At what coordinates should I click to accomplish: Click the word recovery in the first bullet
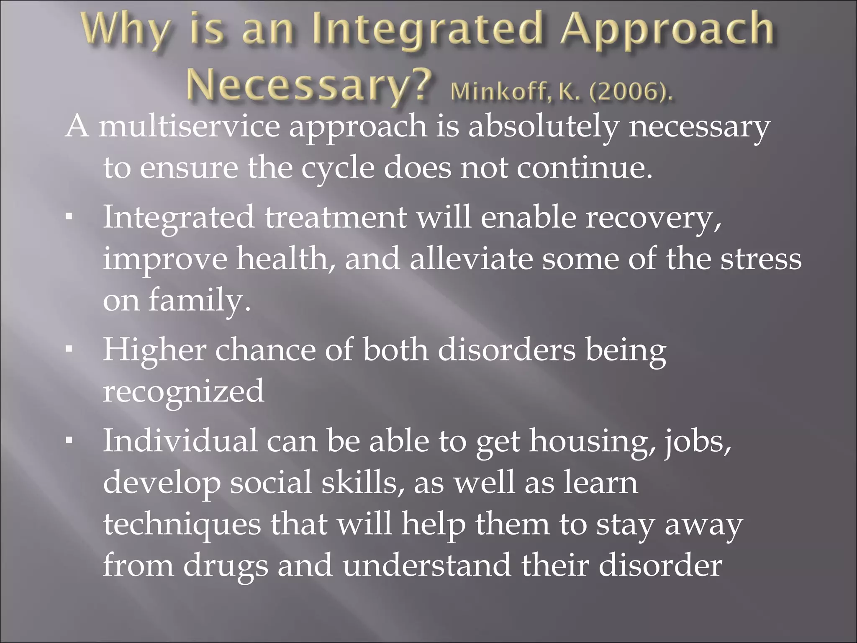click(652, 218)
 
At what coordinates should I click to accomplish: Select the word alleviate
click(471, 259)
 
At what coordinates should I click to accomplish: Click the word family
click(200, 301)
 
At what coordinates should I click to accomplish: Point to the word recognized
click(184, 391)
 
